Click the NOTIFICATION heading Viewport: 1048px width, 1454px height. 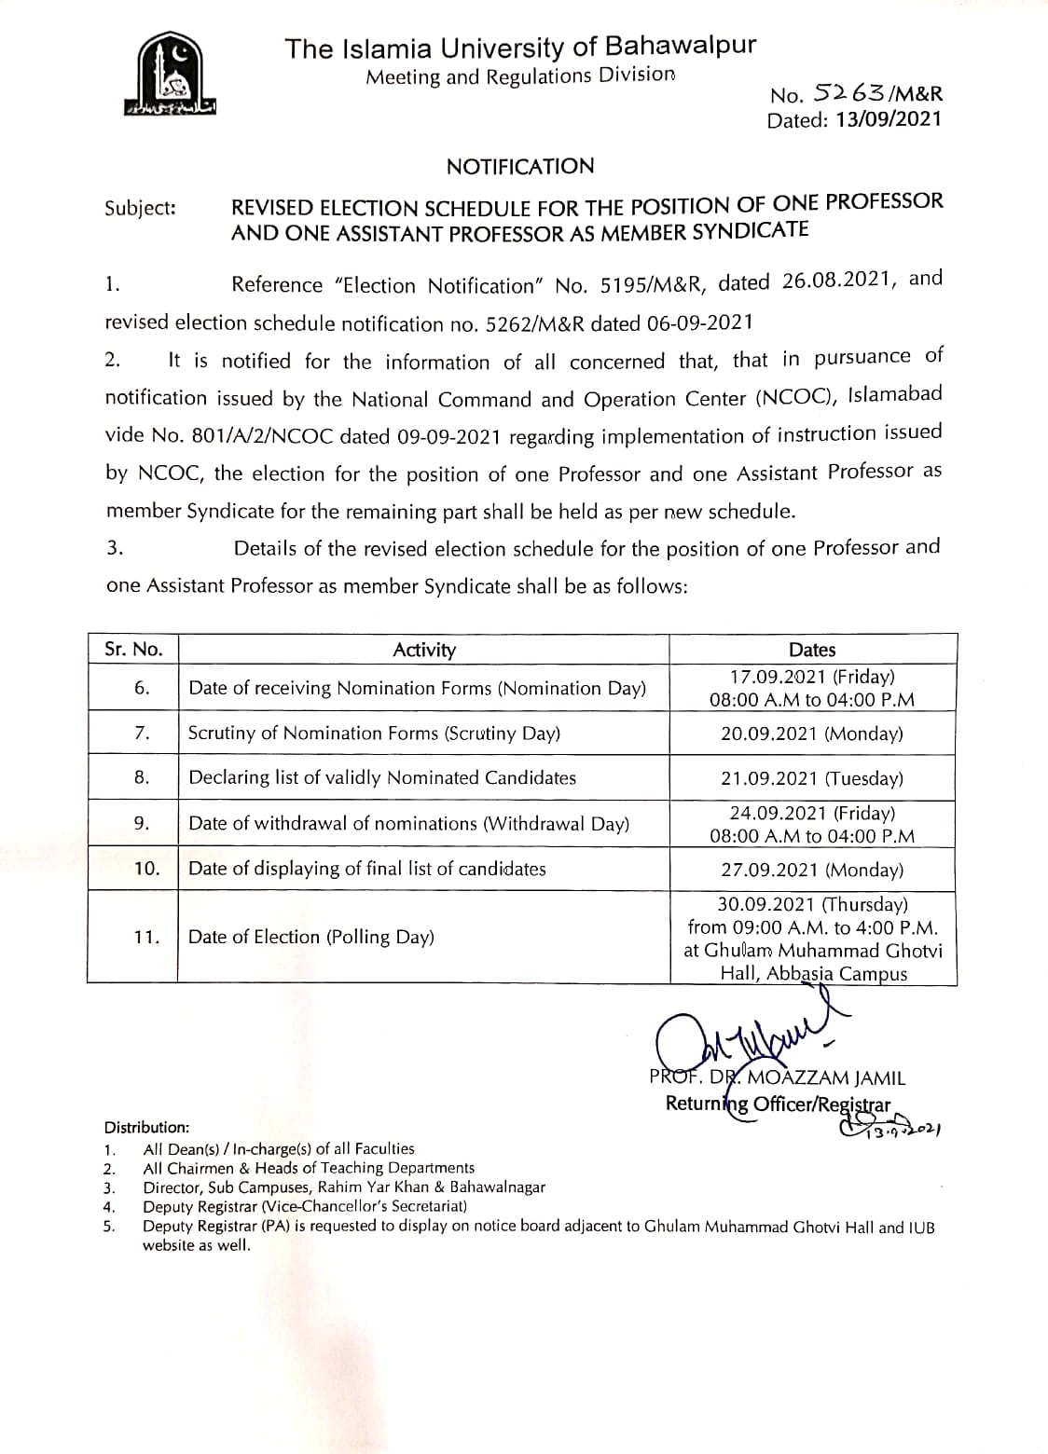point(519,167)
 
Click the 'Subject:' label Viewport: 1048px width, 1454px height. point(140,208)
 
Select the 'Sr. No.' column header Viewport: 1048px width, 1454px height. point(133,650)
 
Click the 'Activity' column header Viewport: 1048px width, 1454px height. point(424,650)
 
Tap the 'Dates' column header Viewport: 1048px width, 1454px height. point(812,650)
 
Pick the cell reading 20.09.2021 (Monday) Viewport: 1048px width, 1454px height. point(812,734)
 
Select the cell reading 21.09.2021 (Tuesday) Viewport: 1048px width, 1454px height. point(812,778)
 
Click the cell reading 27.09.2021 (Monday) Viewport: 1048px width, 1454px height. point(812,870)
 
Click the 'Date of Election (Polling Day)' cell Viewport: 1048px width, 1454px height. point(311,937)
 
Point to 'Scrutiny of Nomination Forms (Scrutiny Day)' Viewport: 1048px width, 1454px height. point(374,734)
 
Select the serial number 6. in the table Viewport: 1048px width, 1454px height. point(142,688)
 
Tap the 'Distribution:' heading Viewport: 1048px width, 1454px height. point(146,1127)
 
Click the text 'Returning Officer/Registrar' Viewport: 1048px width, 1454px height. point(778,1104)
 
